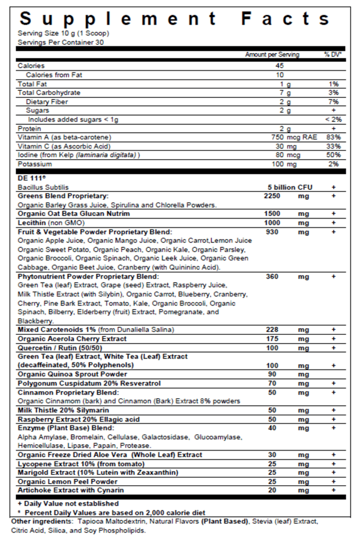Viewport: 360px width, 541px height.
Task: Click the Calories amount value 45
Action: point(279,66)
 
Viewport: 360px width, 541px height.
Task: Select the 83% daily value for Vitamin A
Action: point(332,137)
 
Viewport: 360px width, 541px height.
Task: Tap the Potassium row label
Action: point(35,164)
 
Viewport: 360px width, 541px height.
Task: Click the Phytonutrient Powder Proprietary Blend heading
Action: point(88,276)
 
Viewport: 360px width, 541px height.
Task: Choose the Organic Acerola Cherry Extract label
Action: point(72,339)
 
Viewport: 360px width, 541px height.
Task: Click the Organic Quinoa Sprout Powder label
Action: point(72,374)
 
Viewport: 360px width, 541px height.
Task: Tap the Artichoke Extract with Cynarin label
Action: point(71,490)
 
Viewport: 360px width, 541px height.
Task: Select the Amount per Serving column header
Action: point(272,55)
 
